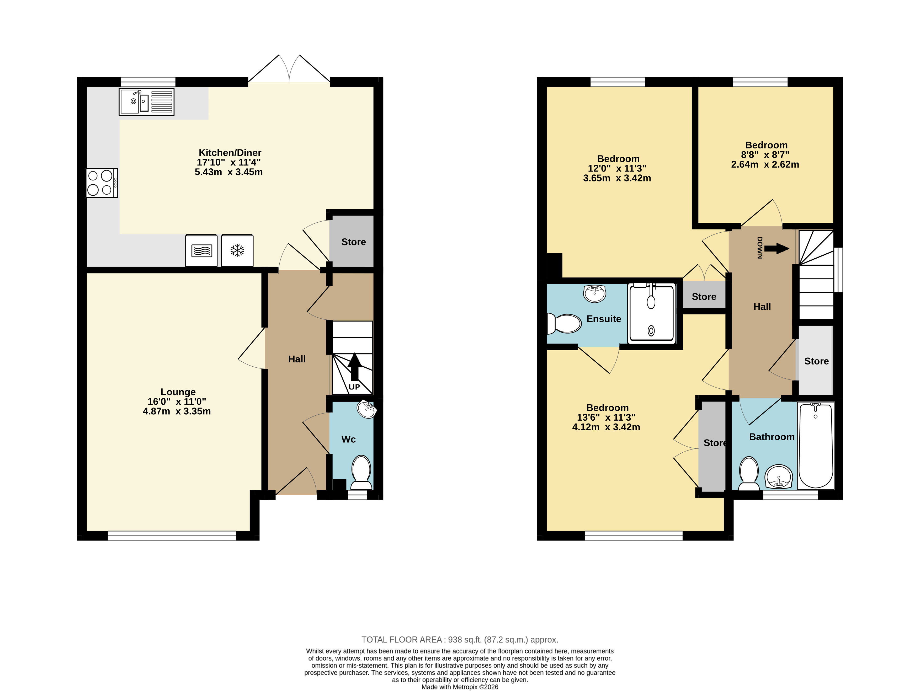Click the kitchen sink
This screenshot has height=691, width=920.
pos(146,102)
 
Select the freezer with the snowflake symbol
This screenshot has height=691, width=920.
pos(237,250)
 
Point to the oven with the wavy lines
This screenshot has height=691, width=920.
pos(201,250)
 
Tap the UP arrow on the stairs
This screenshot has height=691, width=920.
pos(354,367)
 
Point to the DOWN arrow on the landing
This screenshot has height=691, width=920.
pos(777,249)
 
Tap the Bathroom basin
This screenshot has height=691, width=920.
pos(779,476)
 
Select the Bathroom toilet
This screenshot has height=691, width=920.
pos(749,474)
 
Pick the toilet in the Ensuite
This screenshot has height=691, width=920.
pos(564,323)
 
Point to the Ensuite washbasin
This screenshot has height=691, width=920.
pos(595,293)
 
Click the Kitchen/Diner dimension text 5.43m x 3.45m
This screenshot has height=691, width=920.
pos(229,172)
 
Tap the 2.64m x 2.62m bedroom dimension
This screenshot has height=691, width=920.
pos(765,164)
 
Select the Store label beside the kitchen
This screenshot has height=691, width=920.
pos(354,242)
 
